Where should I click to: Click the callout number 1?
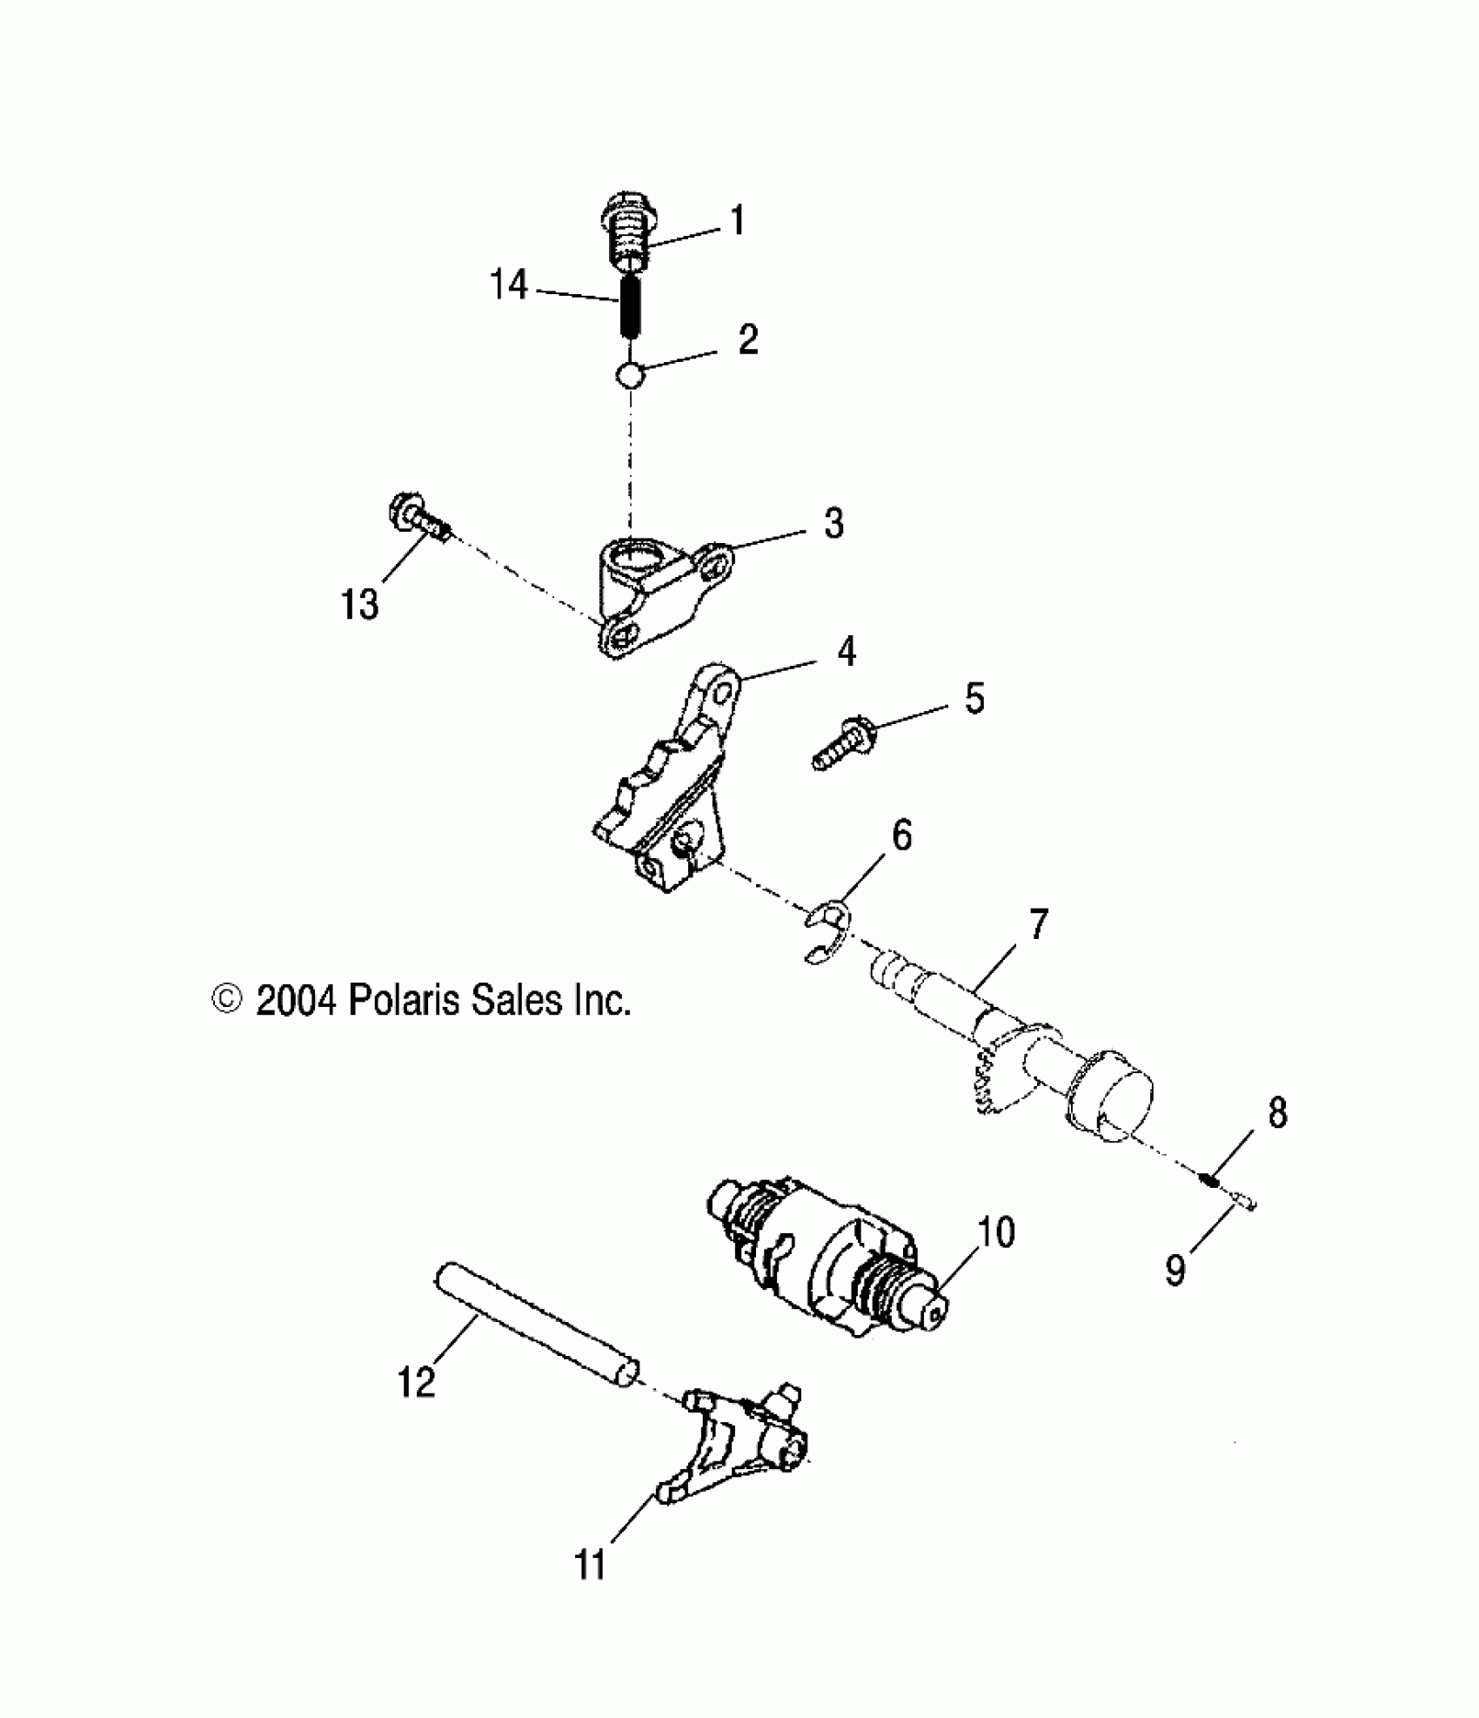click(x=737, y=221)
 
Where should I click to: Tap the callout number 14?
click(x=509, y=284)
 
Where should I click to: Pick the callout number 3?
click(x=833, y=524)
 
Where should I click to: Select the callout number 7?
click(x=1039, y=925)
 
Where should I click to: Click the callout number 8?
click(x=1276, y=1113)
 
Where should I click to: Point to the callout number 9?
click(x=1175, y=1272)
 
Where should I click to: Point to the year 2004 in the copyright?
click(x=296, y=1001)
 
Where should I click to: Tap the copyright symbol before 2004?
click(x=227, y=1000)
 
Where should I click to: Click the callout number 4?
click(x=846, y=651)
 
